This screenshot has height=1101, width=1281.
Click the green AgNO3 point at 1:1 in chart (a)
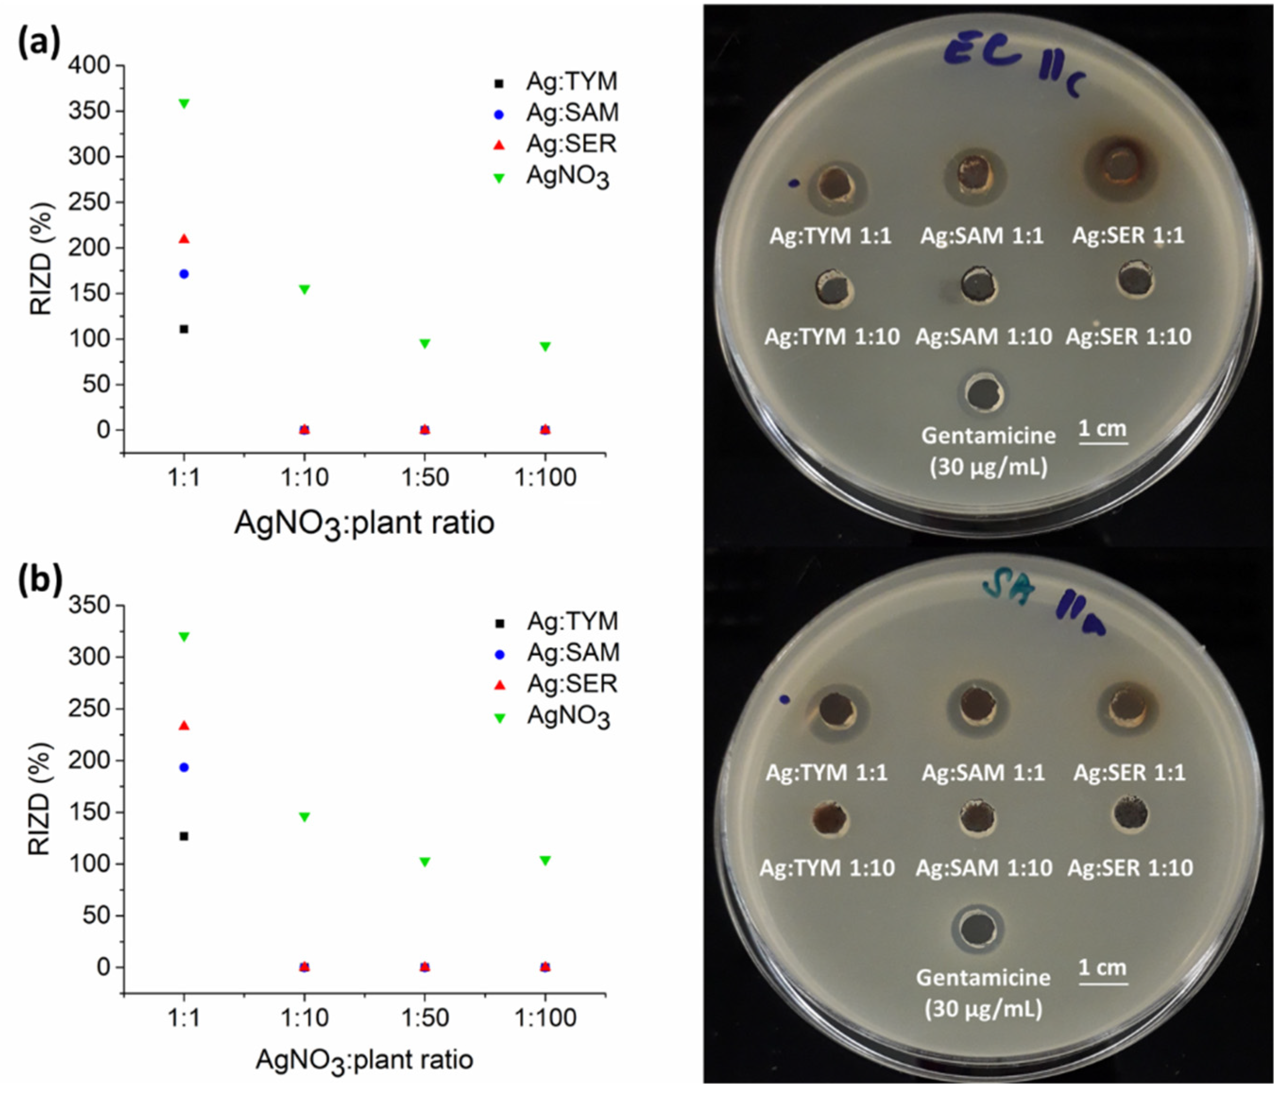[x=184, y=104]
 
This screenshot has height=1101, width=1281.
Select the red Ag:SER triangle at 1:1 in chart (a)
[x=184, y=239]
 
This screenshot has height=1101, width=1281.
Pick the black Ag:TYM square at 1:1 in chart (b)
[x=184, y=836]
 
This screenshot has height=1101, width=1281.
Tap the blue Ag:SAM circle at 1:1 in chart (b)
[x=184, y=767]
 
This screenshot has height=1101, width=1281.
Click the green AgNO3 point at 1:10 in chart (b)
[x=304, y=817]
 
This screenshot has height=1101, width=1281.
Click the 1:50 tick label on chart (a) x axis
[x=425, y=478]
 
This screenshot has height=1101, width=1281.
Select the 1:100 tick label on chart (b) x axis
[x=545, y=1017]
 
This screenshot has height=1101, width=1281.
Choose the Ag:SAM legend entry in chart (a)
[x=572, y=113]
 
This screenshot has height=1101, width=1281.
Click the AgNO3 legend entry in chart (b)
[x=568, y=717]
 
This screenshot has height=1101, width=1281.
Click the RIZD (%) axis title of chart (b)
[x=41, y=798]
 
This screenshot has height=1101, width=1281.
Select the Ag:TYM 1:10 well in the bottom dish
[x=829, y=819]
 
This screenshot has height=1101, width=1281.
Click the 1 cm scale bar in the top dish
[x=1103, y=442]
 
